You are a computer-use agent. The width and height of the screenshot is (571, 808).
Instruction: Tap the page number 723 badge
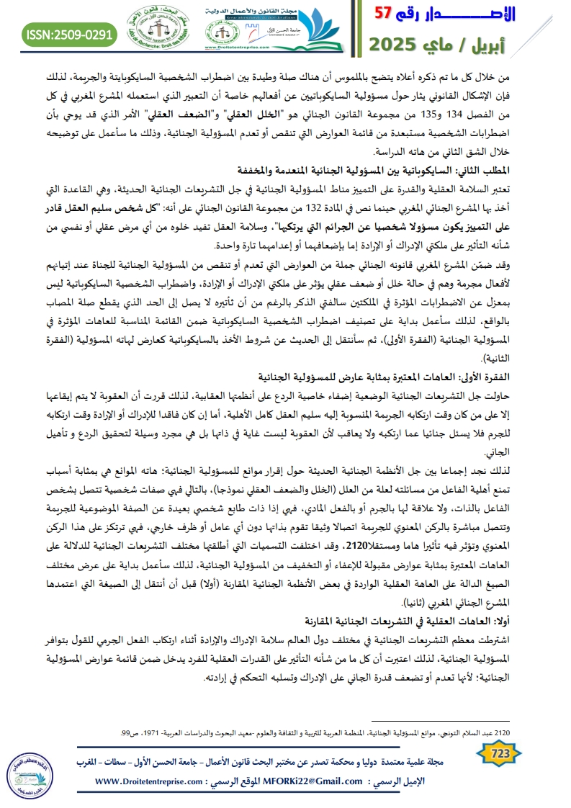(x=500, y=753)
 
